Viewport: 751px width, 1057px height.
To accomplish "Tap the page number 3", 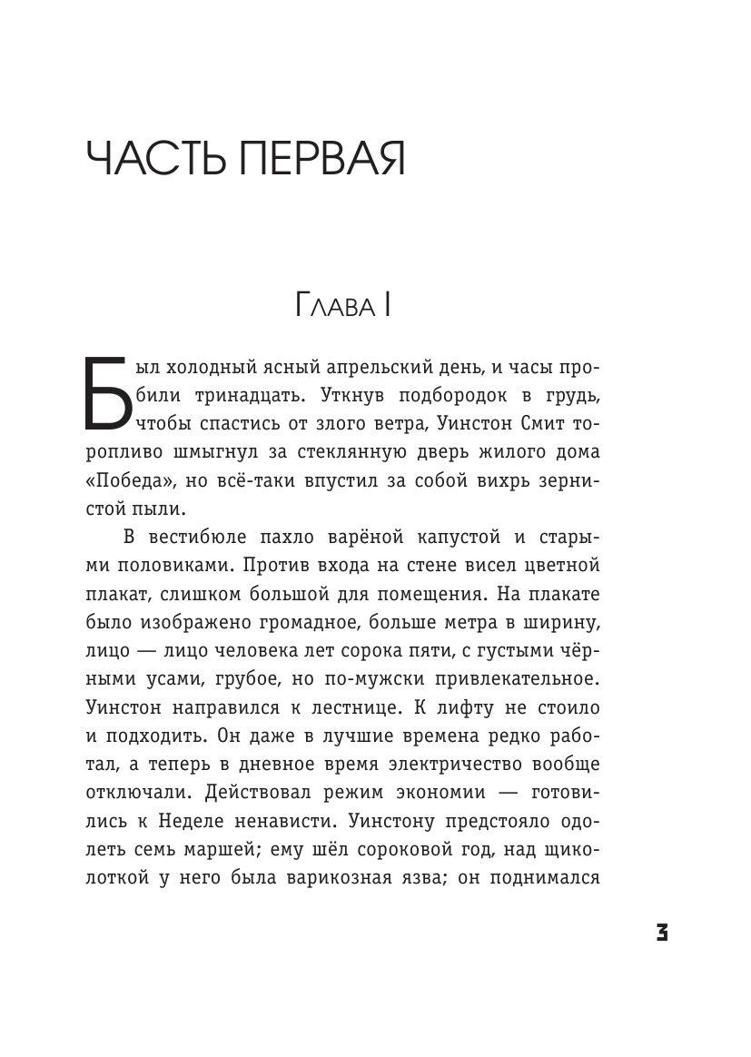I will pos(662,932).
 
